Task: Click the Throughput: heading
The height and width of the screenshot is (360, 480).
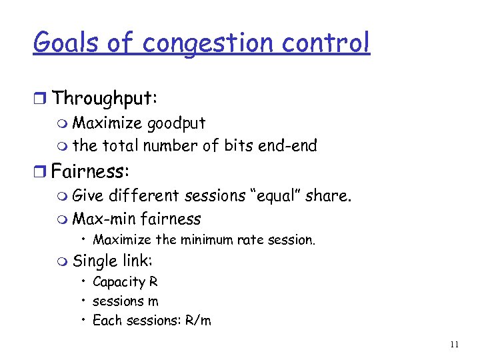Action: [105, 99]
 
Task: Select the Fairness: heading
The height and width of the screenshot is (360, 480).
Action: [90, 172]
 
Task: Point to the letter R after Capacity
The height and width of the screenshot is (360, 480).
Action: [153, 282]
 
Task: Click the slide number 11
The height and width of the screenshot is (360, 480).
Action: [455, 345]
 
